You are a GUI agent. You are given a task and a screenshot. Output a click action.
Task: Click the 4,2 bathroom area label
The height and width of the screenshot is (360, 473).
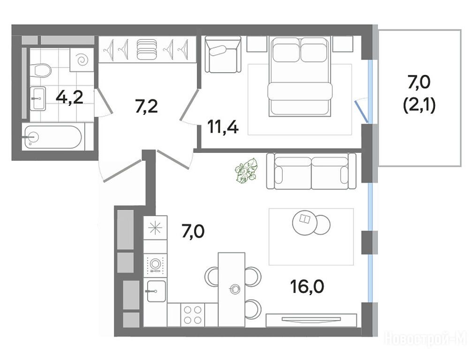coord(69,97)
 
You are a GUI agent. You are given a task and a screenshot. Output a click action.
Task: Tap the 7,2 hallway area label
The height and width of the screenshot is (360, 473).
coord(147,106)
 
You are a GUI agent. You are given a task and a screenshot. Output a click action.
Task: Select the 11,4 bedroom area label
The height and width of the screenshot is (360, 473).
coord(223,127)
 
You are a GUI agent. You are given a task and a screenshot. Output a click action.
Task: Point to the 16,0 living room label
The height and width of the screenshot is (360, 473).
coord(307,287)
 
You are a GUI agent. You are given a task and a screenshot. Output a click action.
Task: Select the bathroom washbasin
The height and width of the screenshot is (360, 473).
coord(38,98)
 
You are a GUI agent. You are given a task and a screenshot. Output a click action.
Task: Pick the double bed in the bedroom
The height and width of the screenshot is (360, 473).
coord(300,76)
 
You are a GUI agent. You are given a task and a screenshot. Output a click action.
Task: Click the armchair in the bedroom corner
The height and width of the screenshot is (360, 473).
coord(223,55)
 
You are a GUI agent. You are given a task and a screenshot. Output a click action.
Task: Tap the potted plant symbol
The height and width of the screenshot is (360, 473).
coord(246,171)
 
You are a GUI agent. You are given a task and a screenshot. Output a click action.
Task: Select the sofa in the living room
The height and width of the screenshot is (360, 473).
coord(311,171)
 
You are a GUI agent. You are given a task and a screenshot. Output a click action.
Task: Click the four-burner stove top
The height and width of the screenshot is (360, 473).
coord(193,315)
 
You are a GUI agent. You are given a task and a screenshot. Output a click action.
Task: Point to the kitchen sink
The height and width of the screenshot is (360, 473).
coord(156,291)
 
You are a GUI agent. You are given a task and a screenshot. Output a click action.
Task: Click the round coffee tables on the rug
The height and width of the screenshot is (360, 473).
coord(311,223)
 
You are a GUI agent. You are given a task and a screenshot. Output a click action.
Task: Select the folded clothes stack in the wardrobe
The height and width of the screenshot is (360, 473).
coord(147,49)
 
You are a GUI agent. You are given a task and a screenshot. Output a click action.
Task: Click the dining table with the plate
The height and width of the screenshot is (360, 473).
coord(232,290)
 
